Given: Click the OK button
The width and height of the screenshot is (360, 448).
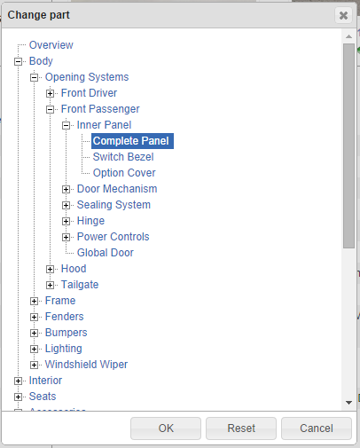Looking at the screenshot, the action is click(x=166, y=428).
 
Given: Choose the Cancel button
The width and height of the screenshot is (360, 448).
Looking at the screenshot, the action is click(x=317, y=428).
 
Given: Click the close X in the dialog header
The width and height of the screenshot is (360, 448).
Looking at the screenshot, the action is click(x=343, y=15).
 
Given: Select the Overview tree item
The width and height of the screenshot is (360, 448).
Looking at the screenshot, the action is click(x=51, y=45).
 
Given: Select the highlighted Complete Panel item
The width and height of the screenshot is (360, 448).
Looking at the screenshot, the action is click(x=132, y=141).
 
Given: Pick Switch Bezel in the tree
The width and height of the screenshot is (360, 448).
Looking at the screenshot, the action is click(x=123, y=157).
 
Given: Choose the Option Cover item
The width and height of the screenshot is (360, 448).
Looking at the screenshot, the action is click(x=124, y=173).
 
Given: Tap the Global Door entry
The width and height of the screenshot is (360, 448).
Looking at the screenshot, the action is click(x=106, y=253).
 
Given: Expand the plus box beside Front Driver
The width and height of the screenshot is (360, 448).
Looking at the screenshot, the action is click(x=50, y=93).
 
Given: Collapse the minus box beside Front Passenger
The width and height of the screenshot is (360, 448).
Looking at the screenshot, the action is click(x=50, y=109).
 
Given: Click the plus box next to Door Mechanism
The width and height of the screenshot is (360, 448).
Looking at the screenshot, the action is click(x=66, y=189).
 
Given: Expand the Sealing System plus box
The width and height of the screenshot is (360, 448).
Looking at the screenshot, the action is click(x=66, y=205).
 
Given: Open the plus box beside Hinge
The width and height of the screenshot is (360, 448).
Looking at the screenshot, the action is click(x=66, y=221).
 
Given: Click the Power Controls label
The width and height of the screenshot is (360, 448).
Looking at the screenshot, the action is click(x=113, y=237).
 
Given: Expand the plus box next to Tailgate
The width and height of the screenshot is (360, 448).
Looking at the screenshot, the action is click(x=50, y=285).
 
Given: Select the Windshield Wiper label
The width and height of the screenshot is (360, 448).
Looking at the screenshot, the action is click(x=86, y=365).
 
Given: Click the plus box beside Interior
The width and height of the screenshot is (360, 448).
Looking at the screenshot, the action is click(x=18, y=381).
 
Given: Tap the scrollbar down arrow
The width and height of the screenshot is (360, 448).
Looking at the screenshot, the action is click(x=348, y=403).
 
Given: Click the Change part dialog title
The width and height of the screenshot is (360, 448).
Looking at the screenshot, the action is click(x=38, y=15).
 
